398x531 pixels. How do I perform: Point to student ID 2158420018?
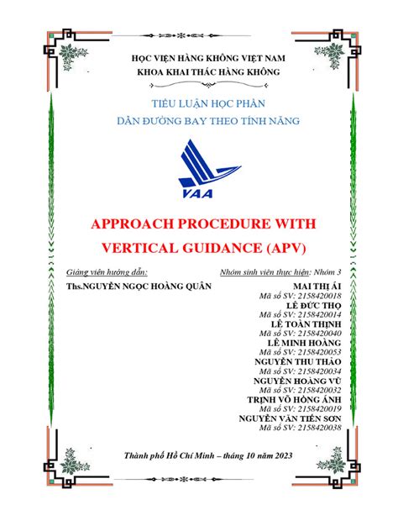[304, 297]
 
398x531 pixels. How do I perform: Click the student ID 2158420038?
[304, 428]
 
